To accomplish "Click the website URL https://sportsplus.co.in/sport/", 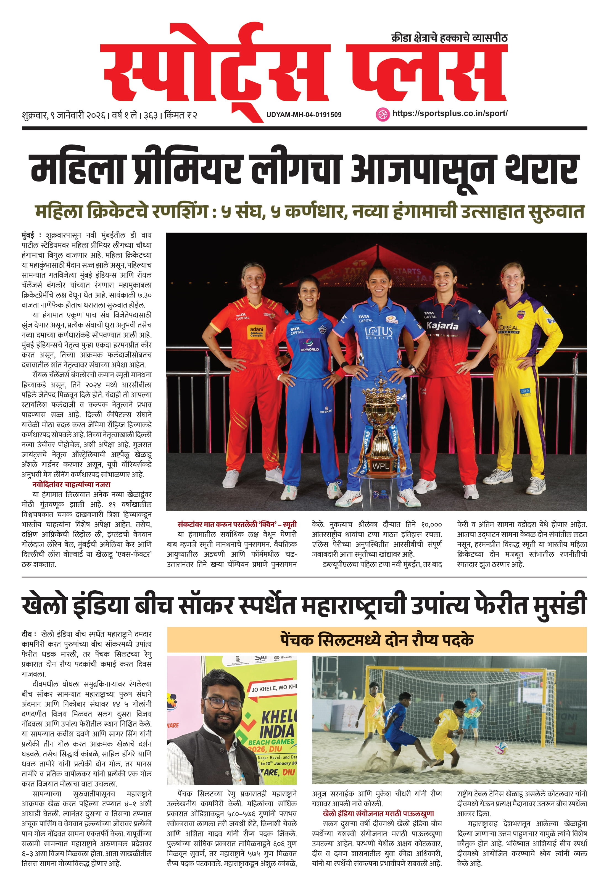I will (x=450, y=113).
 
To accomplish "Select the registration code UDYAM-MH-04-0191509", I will (x=304, y=114).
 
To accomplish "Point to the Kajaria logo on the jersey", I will (x=442, y=326).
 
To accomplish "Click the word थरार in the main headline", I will (x=541, y=170).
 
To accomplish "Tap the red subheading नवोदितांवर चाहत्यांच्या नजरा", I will (x=71, y=484).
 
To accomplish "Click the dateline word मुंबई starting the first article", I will (x=28, y=235).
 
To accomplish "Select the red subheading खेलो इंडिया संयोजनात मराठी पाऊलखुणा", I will (x=378, y=813).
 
